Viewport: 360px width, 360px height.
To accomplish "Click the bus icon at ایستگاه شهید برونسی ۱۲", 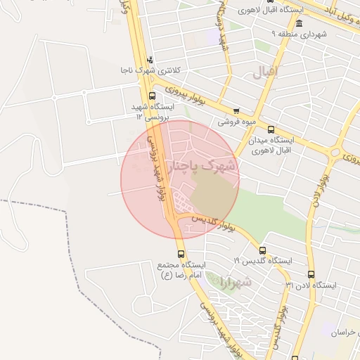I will tap(153, 96).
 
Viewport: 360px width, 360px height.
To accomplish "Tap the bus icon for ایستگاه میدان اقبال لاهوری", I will tap(271, 129).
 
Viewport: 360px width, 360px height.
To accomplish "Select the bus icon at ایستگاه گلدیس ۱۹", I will tap(262, 250).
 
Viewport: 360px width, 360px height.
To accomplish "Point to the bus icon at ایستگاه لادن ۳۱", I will tap(311, 275).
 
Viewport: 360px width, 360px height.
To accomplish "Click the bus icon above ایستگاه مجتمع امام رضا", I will tap(181, 254).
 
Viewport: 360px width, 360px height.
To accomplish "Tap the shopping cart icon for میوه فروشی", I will tap(236, 110).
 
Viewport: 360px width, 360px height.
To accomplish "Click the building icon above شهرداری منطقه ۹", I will tap(300, 23).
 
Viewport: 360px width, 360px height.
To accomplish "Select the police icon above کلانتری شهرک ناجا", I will tap(149, 60).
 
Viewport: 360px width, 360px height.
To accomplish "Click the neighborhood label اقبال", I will tap(265, 71).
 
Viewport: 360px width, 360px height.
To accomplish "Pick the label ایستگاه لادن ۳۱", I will tap(311, 285).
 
